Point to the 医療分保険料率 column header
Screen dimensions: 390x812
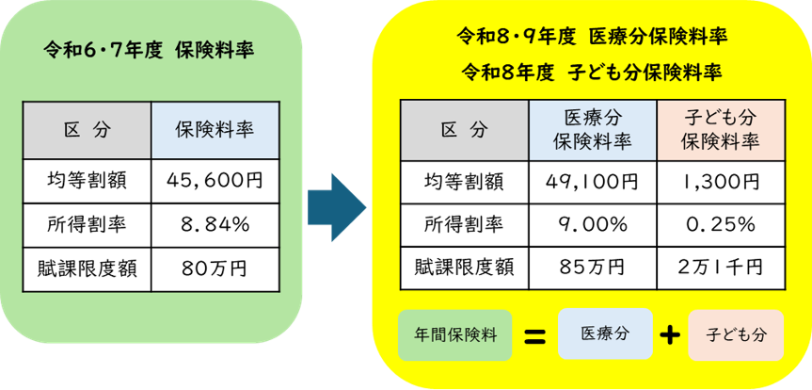(592, 129)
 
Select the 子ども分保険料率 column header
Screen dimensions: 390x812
(720, 129)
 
